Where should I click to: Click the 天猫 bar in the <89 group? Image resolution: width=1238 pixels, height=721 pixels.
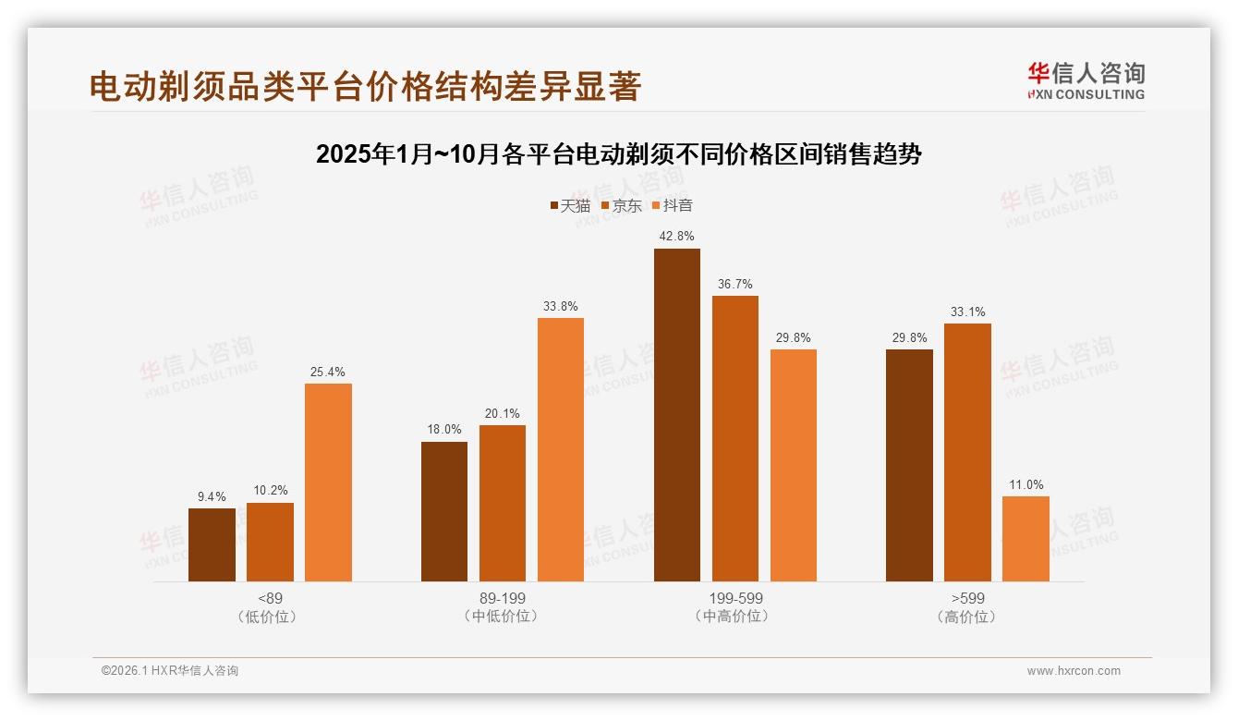click(212, 544)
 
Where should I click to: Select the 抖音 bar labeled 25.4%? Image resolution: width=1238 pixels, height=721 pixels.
click(328, 482)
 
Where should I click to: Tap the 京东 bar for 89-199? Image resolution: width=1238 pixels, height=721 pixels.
click(503, 503)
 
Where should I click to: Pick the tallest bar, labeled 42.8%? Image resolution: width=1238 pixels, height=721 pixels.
click(677, 415)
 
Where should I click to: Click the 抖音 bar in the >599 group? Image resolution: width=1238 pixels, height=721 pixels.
click(1026, 539)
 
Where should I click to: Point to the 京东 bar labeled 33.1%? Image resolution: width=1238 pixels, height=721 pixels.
click(967, 452)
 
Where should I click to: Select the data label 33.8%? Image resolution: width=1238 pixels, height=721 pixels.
click(561, 307)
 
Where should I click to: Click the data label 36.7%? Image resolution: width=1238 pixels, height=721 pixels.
click(735, 285)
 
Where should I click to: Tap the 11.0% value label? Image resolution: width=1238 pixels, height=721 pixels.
click(1026, 485)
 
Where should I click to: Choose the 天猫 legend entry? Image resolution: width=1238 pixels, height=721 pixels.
click(570, 206)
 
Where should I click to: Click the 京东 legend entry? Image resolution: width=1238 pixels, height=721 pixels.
click(622, 206)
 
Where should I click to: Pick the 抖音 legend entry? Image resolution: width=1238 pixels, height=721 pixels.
click(673, 206)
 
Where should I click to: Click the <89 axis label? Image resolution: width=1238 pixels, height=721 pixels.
click(270, 598)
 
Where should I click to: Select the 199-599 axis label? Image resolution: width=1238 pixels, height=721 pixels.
click(735, 598)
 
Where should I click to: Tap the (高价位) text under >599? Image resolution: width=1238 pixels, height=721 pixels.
click(967, 617)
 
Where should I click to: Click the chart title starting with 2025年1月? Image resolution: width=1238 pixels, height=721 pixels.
click(618, 153)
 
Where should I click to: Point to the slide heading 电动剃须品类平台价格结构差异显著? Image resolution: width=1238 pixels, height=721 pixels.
click(365, 87)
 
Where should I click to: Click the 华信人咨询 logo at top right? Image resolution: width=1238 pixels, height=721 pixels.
click(1086, 79)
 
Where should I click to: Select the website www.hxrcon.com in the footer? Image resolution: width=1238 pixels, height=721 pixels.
click(1074, 671)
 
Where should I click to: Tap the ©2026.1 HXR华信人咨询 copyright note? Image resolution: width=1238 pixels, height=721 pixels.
click(170, 671)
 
